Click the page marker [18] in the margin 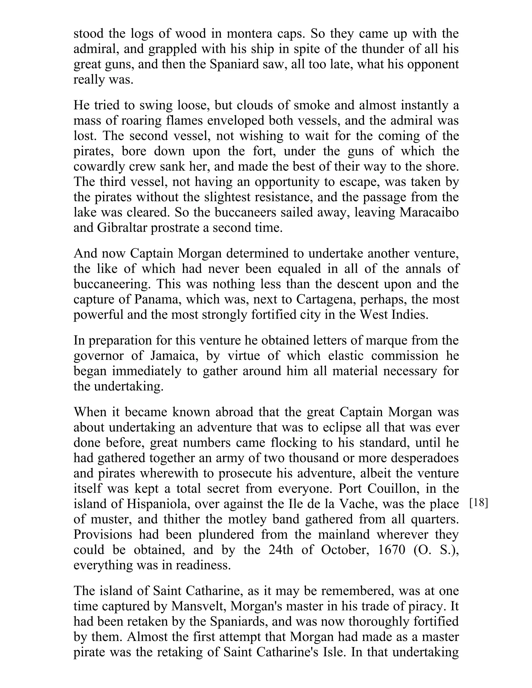(x=478, y=503)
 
